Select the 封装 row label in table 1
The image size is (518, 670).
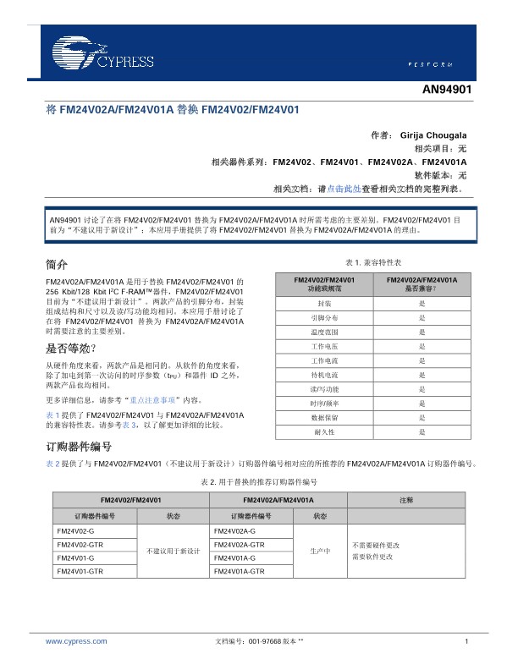click(x=323, y=303)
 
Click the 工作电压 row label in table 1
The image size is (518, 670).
click(x=323, y=346)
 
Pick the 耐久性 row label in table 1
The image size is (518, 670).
click(x=323, y=432)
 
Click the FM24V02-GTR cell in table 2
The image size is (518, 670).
click(x=80, y=544)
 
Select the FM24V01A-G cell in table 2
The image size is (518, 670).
click(x=233, y=558)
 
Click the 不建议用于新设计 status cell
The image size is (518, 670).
click(x=173, y=551)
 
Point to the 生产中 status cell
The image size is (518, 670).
click(x=320, y=551)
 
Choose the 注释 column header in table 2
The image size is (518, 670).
click(x=406, y=501)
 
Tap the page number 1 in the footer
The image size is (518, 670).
click(x=466, y=642)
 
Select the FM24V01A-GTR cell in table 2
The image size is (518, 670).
click(x=239, y=573)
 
